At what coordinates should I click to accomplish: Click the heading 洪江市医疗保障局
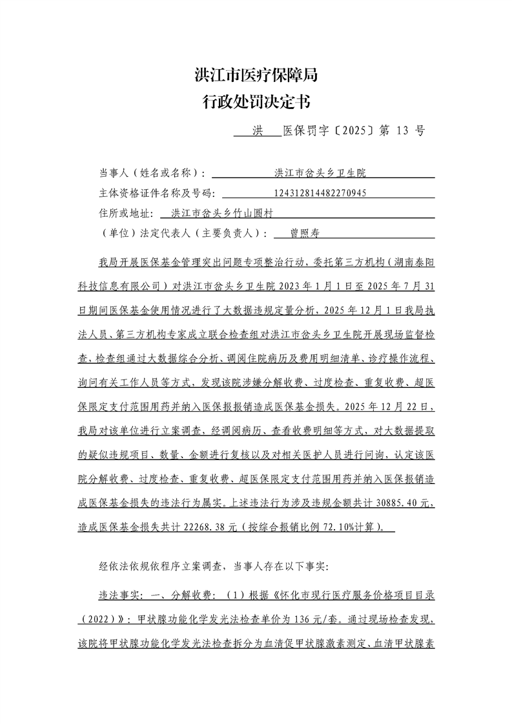coord(256,75)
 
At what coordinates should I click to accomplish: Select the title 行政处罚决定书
coord(256,102)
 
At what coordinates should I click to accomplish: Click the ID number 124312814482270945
coord(320,192)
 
